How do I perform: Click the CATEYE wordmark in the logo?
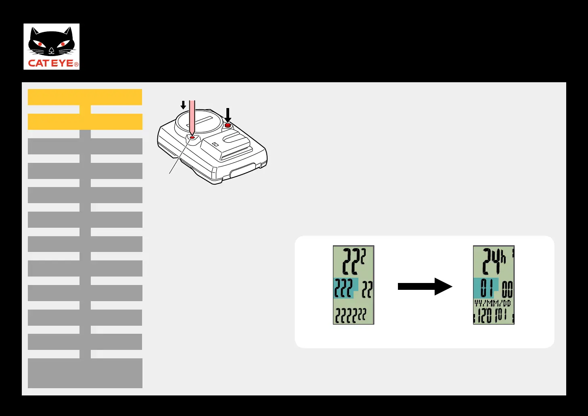click(51, 63)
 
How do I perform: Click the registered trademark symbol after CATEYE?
click(76, 64)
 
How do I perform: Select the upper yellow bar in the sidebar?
click(85, 97)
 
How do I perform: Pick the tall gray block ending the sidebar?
click(85, 373)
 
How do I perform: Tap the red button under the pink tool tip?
click(192, 137)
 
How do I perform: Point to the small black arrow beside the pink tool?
click(183, 105)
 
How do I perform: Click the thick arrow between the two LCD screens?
click(425, 287)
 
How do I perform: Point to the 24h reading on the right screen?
click(493, 262)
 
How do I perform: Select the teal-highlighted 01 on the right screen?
click(486, 288)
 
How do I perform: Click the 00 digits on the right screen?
click(507, 289)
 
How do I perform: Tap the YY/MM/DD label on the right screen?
click(493, 303)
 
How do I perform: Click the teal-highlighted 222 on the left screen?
click(343, 288)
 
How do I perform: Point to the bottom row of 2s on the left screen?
click(351, 316)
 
